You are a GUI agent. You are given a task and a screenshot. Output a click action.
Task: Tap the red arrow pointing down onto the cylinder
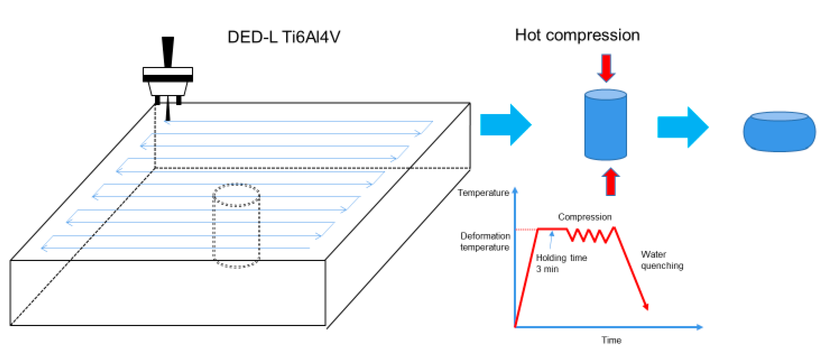[x=606, y=68]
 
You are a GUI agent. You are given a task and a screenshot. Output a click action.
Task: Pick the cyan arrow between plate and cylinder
[x=505, y=125]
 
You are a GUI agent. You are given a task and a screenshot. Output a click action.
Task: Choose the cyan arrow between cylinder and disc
[x=682, y=127]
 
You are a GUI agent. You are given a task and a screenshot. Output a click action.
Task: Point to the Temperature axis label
[x=483, y=193]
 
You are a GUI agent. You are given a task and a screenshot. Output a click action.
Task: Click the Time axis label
[x=611, y=340]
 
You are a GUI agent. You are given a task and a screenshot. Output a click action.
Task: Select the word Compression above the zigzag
[x=585, y=217]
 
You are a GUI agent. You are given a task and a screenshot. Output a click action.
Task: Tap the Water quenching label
[x=662, y=260]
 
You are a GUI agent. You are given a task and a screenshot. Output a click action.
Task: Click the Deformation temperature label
[x=485, y=241]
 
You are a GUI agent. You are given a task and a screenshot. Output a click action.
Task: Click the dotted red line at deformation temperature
[x=526, y=229]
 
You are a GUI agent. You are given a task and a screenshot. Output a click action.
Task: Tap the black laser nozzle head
[x=167, y=80]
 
